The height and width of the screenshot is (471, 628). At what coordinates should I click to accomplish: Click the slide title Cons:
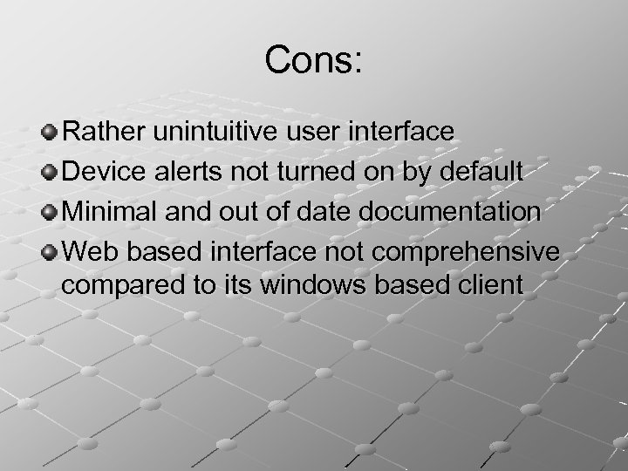point(315,60)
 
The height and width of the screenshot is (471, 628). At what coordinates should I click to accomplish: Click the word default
point(477,172)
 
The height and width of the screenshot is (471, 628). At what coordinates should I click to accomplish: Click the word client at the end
point(495,284)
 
